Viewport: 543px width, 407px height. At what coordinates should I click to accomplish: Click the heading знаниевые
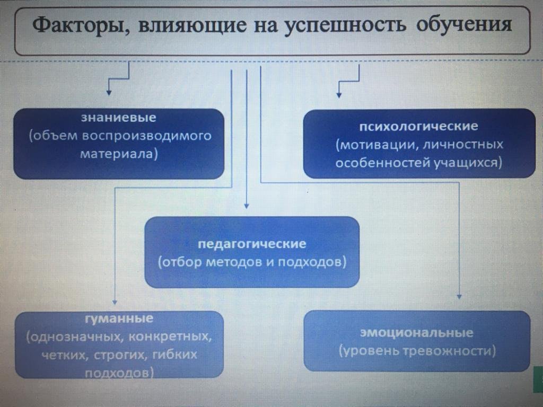pyautogui.click(x=119, y=117)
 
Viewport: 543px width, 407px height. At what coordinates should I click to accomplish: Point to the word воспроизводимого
pyautogui.click(x=147, y=136)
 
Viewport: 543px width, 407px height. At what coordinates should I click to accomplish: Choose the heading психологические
pyautogui.click(x=419, y=127)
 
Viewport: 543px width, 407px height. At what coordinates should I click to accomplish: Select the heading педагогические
pyautogui.click(x=252, y=244)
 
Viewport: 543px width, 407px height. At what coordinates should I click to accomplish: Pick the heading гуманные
pyautogui.click(x=119, y=319)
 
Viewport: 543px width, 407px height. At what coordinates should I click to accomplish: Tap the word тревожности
pyautogui.click(x=452, y=351)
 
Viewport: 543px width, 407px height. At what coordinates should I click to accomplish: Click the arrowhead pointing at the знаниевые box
pyautogui.click(x=109, y=93)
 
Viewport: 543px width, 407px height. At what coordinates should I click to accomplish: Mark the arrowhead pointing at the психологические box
pyautogui.click(x=339, y=96)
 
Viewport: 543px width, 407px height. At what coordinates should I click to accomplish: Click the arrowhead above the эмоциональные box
pyautogui.click(x=459, y=297)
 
